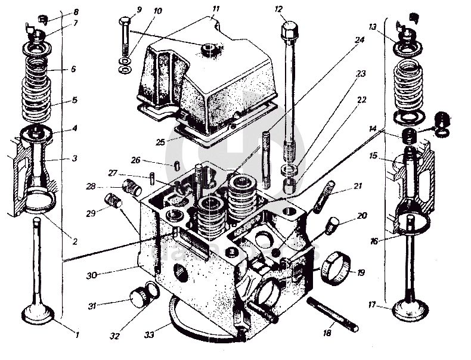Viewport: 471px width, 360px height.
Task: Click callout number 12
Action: pyautogui.click(x=278, y=10)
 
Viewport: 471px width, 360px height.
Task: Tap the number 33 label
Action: pyautogui.click(x=150, y=336)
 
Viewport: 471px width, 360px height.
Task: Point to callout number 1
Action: pyautogui.click(x=76, y=334)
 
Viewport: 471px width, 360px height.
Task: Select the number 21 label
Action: pyautogui.click(x=358, y=187)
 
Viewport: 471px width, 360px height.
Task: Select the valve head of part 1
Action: pyautogui.click(x=38, y=314)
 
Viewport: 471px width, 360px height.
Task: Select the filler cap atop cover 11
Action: pyautogui.click(x=210, y=48)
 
